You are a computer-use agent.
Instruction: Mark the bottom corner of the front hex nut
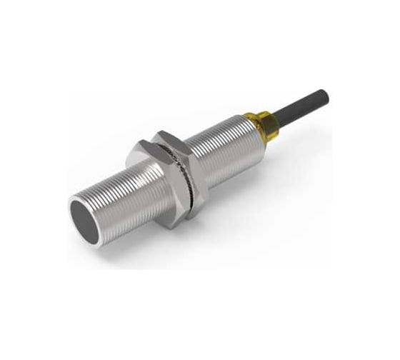point(166,227)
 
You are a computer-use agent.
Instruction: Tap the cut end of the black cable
point(325,95)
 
